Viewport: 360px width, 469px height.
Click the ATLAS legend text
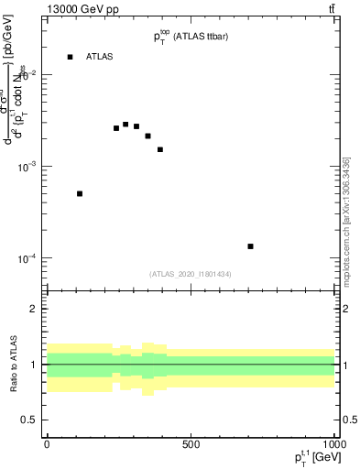99,57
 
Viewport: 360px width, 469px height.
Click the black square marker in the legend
70,57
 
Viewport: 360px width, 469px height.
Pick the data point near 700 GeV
250,246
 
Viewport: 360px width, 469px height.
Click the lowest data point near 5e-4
80,193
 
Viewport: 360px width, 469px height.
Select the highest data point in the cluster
125,124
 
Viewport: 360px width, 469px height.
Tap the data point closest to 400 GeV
160,149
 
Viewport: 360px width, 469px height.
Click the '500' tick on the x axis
191,444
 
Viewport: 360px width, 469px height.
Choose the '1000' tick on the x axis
333,444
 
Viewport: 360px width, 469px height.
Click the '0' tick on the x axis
47,444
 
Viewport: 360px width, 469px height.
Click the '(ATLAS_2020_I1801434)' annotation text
191,274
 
